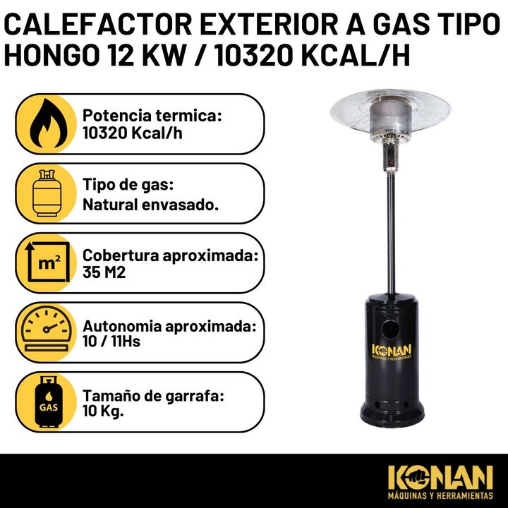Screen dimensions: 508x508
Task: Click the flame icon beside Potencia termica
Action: pyautogui.click(x=49, y=123)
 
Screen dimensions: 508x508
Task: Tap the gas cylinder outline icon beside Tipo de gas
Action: pyautogui.click(x=47, y=193)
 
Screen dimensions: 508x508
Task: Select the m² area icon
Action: pyautogui.click(x=48, y=262)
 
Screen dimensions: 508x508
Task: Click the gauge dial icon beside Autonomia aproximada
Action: pyautogui.click(x=47, y=330)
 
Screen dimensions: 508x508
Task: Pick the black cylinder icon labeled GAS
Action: pyautogui.click(x=48, y=401)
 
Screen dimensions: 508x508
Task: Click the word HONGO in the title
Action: pyautogui.click(x=51, y=54)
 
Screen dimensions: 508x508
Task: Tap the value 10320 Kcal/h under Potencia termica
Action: pyautogui.click(x=132, y=133)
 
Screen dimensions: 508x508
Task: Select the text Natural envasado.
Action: pyautogui.click(x=151, y=205)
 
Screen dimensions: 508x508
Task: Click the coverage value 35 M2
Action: pyautogui.click(x=104, y=272)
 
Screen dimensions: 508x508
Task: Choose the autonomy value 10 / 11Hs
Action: pyautogui.click(x=111, y=341)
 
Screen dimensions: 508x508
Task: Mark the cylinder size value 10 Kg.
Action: pyautogui.click(x=103, y=411)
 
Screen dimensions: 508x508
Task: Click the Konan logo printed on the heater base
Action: pyautogui.click(x=392, y=351)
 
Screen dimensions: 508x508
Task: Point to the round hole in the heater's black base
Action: pyautogui.click(x=390, y=329)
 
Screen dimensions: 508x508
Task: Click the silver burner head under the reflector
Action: pyautogui.click(x=390, y=121)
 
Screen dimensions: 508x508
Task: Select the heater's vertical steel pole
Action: pyautogui.click(x=391, y=233)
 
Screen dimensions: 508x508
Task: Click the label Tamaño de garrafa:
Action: pyautogui.click(x=153, y=397)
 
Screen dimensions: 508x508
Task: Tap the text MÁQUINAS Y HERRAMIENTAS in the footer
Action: pyautogui.click(x=440, y=495)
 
